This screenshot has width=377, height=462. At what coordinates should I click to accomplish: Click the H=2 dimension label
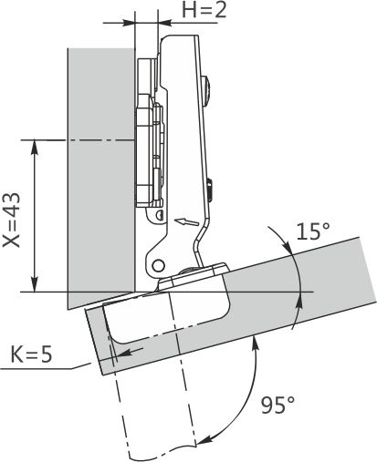(204, 10)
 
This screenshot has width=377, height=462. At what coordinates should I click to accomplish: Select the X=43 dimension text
(11, 220)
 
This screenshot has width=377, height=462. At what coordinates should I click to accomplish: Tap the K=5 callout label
(31, 354)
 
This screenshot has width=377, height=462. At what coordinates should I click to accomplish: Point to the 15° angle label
(313, 231)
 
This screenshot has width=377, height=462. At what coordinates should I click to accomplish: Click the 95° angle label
(278, 405)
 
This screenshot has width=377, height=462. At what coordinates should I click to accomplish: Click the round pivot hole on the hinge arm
(158, 265)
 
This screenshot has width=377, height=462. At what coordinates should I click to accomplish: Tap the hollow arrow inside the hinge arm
(186, 221)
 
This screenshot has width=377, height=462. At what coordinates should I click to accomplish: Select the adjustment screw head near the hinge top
(207, 90)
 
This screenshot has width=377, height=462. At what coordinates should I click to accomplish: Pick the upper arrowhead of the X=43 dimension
(35, 148)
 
